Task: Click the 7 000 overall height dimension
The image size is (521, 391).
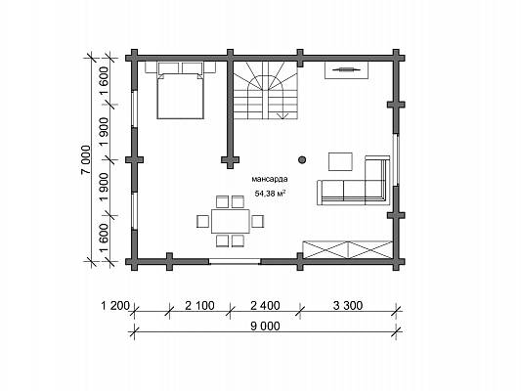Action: coord(86,159)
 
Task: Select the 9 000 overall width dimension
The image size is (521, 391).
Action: coord(265,326)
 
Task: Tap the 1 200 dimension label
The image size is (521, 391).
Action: coord(114,305)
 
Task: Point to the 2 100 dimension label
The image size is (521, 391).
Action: coord(199,305)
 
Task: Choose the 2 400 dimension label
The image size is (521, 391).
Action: coord(265,305)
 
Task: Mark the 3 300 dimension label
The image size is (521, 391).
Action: coord(348,305)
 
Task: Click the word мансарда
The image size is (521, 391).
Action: coord(270,180)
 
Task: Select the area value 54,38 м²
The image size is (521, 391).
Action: coord(271,194)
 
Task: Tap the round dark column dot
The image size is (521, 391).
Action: coord(302,159)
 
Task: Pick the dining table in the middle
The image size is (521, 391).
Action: coord(231,221)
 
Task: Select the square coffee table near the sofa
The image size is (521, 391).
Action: coord(340,162)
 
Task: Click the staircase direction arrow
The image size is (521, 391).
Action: coord(283,115)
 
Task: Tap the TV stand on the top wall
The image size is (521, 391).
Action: coord(347,69)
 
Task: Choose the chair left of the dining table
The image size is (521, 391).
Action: coord(202,221)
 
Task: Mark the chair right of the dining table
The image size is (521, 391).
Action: coord(257,221)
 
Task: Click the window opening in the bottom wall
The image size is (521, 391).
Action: coord(235,261)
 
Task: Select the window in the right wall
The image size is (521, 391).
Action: coord(396,159)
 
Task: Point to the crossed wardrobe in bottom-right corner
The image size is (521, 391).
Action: coord(348,250)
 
